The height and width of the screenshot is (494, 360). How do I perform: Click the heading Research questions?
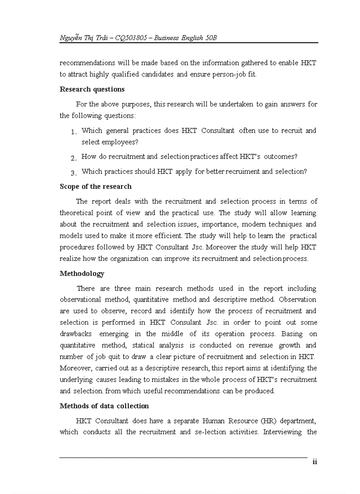92,89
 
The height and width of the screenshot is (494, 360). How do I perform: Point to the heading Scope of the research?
96,186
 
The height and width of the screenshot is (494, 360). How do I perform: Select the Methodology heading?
82,273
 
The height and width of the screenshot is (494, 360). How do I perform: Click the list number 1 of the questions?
74,132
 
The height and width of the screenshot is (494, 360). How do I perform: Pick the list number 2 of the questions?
74,158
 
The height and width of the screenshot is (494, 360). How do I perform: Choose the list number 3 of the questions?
74,173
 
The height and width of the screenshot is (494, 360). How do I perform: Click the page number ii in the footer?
314,462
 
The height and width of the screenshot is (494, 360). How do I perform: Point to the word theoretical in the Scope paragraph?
80,213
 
